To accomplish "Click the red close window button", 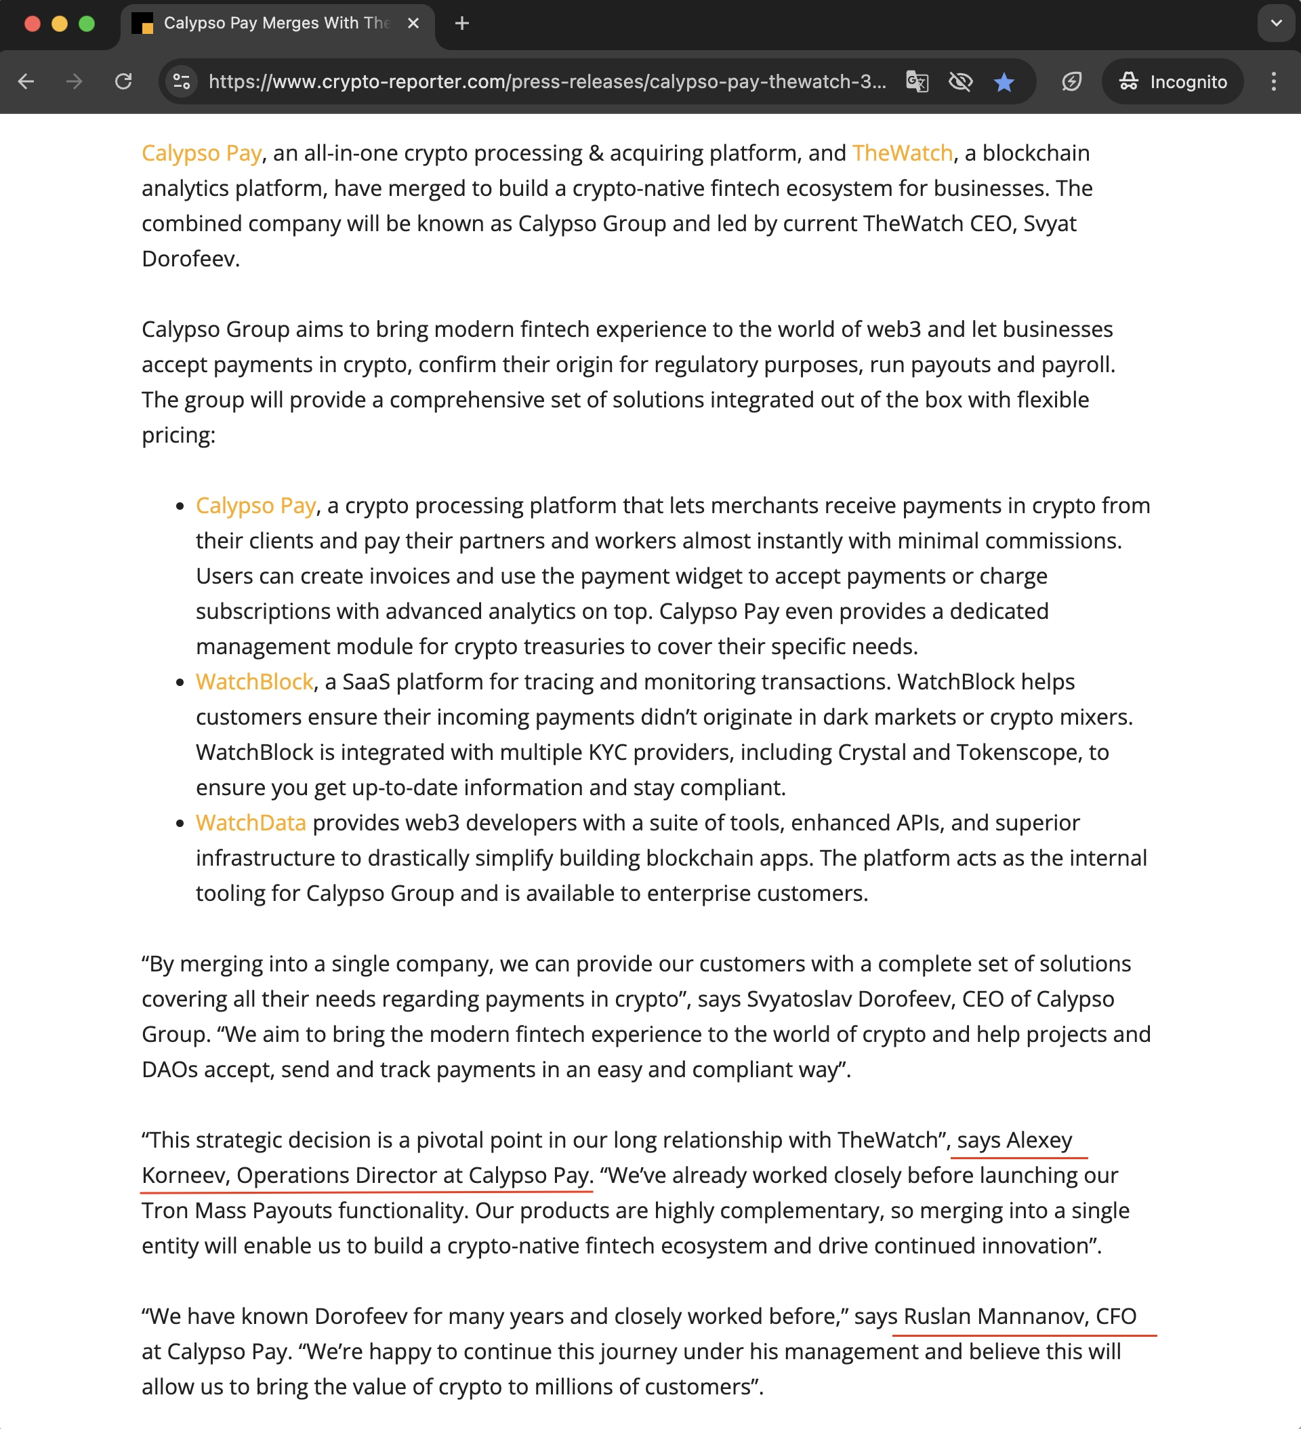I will coord(32,24).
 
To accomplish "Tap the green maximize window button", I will coord(87,24).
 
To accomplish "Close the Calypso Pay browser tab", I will coord(414,24).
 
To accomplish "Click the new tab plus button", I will coord(462,24).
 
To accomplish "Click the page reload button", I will coord(123,81).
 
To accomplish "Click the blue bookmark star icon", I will coord(1004,82).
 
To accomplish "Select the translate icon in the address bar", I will coord(917,82).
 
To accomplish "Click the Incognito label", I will coord(1188,82).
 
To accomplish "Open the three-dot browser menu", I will coord(1273,81).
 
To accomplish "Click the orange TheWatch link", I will coord(902,153).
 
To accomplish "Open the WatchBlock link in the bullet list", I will coord(254,682).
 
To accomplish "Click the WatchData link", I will coord(251,823).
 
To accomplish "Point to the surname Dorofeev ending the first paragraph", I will coord(188,259).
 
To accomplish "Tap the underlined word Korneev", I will coord(184,1175).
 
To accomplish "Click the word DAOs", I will coord(169,1070).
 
